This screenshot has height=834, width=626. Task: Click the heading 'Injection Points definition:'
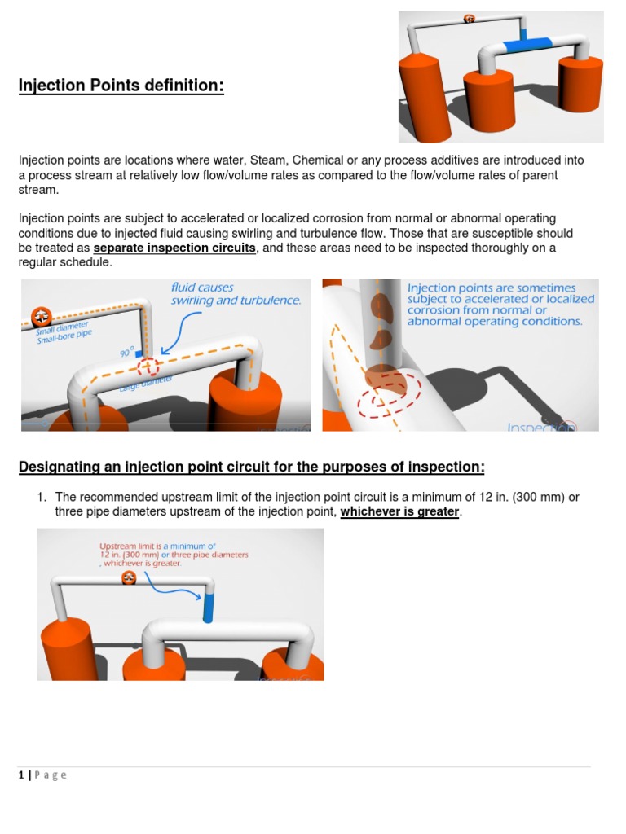[x=121, y=86]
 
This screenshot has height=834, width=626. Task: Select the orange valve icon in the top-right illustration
[x=469, y=18]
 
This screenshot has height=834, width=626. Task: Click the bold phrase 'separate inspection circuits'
[x=174, y=248]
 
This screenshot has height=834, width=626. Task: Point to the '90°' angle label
[x=126, y=353]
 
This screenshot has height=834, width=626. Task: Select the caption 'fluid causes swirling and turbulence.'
[x=236, y=294]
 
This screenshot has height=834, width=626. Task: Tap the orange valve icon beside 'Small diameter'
[x=39, y=316]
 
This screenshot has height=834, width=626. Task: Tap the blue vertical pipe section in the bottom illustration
[x=208, y=607]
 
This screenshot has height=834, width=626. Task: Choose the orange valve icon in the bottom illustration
[x=128, y=577]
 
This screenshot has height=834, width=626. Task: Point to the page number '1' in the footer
[x=21, y=775]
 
